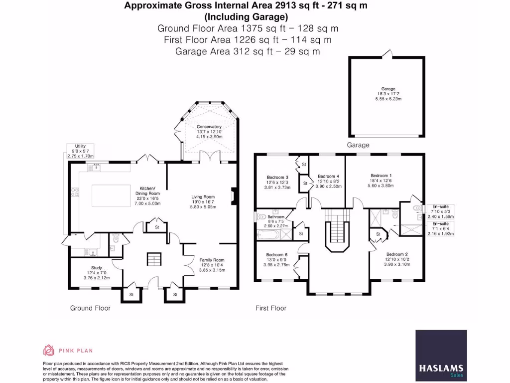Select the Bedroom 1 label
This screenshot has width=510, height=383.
tap(381, 176)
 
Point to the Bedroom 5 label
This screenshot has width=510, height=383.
tap(277, 254)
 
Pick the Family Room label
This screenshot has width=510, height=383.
tap(212, 260)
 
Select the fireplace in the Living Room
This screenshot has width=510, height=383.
tap(233, 196)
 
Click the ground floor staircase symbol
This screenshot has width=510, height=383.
tap(153, 259)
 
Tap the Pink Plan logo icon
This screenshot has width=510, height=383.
tap(48, 350)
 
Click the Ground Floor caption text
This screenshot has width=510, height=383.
tap(90, 308)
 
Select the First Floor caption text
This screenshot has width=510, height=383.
tap(271, 308)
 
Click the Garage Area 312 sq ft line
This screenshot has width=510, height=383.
tap(248, 51)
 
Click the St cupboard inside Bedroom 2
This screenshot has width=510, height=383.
tap(378, 234)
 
